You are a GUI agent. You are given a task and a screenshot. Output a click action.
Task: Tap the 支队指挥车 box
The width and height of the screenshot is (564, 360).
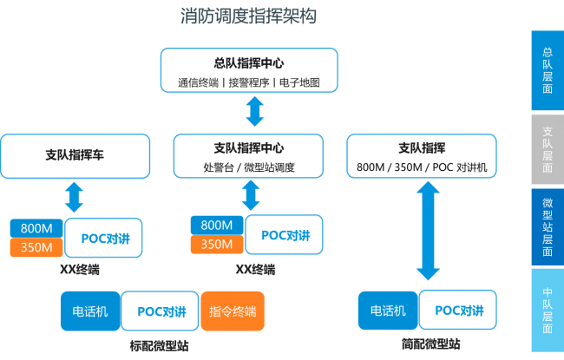[x=75, y=155]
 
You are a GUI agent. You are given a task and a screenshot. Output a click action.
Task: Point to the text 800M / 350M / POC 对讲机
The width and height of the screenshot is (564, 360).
[x=422, y=167]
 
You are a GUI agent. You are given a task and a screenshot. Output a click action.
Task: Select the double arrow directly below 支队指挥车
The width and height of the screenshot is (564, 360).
[x=75, y=197]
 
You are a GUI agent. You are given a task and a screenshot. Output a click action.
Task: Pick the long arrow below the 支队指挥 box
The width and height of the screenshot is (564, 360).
[x=426, y=235]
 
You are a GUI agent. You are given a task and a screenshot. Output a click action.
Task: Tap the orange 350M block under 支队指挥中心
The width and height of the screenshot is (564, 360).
[x=216, y=244]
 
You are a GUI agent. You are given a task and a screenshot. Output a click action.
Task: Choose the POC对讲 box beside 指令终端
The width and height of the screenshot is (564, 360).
[x=160, y=311]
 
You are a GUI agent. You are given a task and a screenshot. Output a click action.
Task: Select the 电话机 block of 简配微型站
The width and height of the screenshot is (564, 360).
[x=387, y=311]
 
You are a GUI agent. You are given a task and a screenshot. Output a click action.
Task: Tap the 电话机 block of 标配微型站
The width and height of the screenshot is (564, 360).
[x=89, y=311]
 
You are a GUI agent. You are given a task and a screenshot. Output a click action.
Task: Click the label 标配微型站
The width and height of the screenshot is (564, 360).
[x=159, y=345]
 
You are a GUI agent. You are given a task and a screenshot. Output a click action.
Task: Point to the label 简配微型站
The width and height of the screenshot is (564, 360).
[x=431, y=344]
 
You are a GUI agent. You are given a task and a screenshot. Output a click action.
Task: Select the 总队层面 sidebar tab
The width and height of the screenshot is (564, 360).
[x=548, y=70]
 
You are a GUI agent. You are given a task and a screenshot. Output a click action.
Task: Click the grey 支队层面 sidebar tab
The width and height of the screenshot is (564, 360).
[x=548, y=150]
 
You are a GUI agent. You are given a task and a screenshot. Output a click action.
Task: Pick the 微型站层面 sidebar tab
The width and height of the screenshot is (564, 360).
[x=548, y=227]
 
